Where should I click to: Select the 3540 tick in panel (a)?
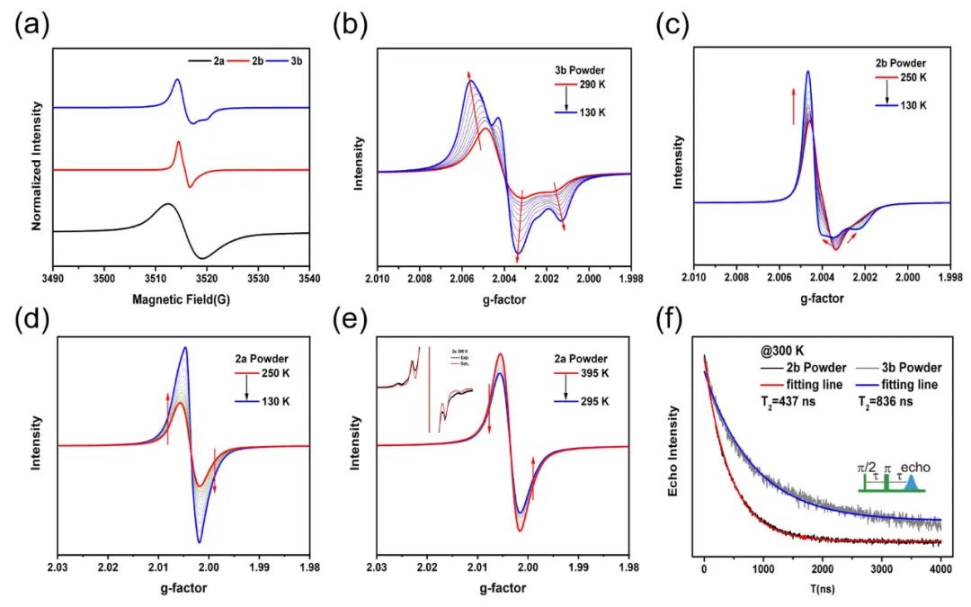coord(307,276)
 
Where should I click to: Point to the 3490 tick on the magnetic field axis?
coord(53,276)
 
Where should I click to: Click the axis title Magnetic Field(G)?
coord(180,298)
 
